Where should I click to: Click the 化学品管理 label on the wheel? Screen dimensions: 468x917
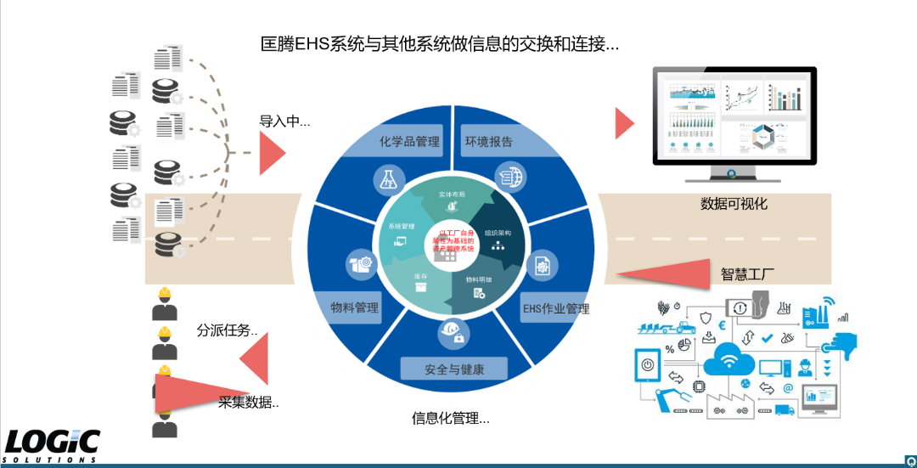(x=410, y=141)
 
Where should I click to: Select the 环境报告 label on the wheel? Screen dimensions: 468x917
(x=488, y=141)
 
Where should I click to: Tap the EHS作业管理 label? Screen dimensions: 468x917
(x=555, y=308)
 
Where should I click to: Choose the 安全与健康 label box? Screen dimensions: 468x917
(x=453, y=369)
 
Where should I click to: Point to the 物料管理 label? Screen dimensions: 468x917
(x=355, y=307)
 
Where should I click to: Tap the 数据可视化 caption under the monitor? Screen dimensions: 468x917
(x=734, y=204)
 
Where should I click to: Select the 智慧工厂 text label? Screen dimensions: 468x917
(x=748, y=273)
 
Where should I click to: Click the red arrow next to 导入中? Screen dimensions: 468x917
(x=271, y=154)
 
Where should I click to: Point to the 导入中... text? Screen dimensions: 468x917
(x=284, y=121)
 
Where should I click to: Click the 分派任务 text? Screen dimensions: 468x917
(x=227, y=330)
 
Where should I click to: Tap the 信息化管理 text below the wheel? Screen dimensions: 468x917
(x=451, y=418)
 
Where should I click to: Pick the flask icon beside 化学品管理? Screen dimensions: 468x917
(x=387, y=179)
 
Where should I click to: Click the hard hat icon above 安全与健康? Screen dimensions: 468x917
(x=451, y=332)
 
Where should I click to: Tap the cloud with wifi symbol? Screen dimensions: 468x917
(x=729, y=363)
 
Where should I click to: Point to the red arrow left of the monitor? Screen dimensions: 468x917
(x=624, y=123)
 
